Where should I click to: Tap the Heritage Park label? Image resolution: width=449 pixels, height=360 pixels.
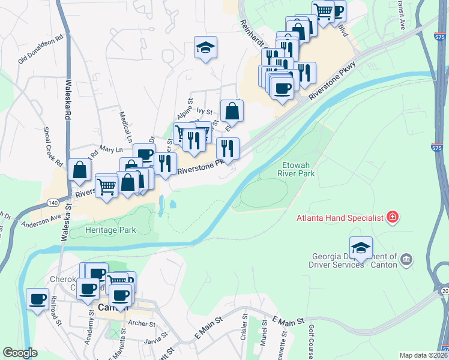click(x=110, y=230)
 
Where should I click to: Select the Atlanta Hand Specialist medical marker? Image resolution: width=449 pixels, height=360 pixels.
click(x=393, y=217)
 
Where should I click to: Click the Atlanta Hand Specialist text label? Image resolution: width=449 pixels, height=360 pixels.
click(x=339, y=218)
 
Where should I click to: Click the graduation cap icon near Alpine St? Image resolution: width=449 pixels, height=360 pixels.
click(x=205, y=49)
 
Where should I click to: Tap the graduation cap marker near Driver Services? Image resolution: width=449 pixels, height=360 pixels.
click(x=361, y=248)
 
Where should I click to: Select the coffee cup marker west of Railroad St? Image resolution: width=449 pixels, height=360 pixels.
click(x=38, y=299)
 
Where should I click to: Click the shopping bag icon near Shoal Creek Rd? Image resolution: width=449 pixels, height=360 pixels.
click(x=79, y=170)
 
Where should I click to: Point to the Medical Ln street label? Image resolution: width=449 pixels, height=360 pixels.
click(x=125, y=123)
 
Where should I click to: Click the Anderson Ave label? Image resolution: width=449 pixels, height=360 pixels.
click(x=42, y=221)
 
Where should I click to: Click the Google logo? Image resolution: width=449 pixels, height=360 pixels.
click(x=20, y=353)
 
